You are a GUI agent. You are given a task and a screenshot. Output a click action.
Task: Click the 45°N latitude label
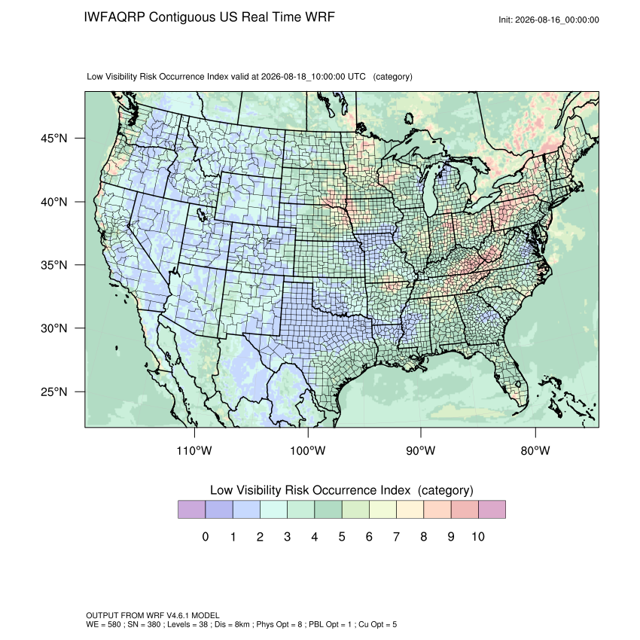(x=54, y=139)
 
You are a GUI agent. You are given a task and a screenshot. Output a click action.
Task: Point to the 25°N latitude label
(x=54, y=392)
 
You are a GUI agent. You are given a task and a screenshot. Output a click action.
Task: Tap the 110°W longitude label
(x=194, y=450)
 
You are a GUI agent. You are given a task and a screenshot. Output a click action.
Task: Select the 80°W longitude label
(x=535, y=450)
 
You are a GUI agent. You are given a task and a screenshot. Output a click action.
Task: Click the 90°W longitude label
(x=420, y=450)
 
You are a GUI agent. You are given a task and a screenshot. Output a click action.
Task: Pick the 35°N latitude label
(x=54, y=265)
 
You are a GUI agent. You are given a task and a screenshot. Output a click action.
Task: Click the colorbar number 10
(x=478, y=537)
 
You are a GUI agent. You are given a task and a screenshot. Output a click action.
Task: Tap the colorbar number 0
(x=206, y=537)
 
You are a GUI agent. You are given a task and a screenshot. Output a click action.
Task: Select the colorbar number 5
(x=342, y=537)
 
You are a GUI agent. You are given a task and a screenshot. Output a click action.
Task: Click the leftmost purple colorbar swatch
(x=191, y=510)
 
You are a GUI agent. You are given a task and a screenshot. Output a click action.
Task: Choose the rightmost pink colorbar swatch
(x=492, y=510)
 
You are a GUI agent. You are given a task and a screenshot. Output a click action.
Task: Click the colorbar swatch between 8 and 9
(x=437, y=510)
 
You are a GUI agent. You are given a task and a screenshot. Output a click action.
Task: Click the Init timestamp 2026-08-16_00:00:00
(x=556, y=20)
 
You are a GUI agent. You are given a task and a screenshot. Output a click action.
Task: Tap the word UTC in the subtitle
(x=357, y=77)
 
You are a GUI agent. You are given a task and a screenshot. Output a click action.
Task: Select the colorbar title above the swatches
(x=342, y=490)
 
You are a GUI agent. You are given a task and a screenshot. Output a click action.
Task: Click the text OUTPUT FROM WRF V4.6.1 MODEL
(x=153, y=615)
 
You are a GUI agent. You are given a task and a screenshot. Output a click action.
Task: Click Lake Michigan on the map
(x=431, y=191)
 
